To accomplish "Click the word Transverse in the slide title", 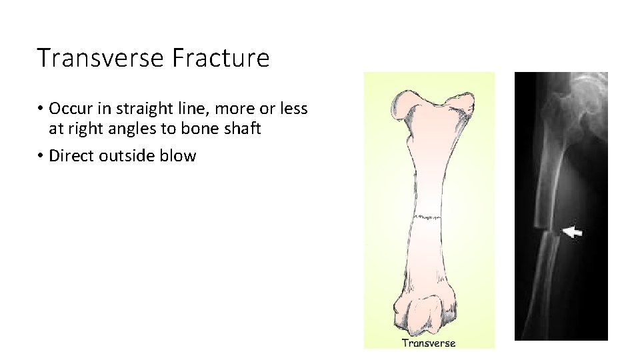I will click(100, 58).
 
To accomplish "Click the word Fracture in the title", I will click(220, 58).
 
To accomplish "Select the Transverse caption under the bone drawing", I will click(429, 343).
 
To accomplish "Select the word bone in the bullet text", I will click(193, 128).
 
